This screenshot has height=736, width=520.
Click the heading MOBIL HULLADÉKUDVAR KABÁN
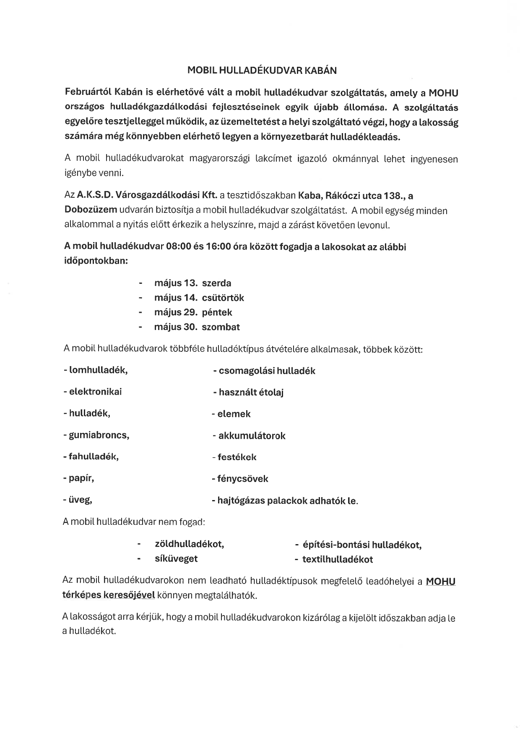pos(262,71)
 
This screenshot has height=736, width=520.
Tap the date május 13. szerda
pos(192,283)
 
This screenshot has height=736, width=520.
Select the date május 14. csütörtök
pos(199,298)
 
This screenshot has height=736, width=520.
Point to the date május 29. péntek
pos(193,312)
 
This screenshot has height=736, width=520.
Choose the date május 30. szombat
pos(197,327)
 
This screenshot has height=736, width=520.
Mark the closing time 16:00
pos(218,247)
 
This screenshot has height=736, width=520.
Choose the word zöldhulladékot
pos(189,545)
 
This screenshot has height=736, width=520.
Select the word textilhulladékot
pos(337,560)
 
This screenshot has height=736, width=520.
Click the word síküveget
pos(176,559)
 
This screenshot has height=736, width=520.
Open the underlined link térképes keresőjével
pos(109,595)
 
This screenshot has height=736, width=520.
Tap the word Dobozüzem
pos(91,210)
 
